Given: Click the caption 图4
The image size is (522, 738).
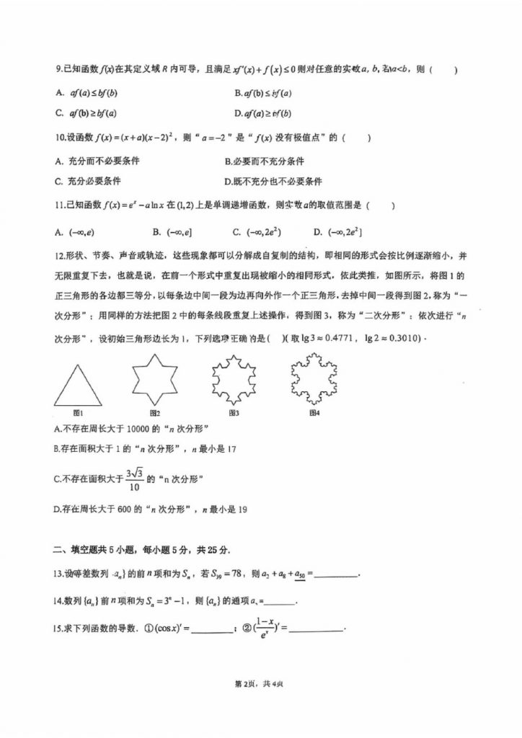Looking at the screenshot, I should [x=314, y=413].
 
